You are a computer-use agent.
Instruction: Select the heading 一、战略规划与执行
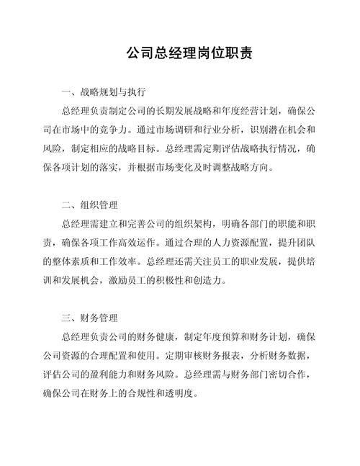[x=104, y=93]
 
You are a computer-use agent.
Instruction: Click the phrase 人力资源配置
[x=238, y=243]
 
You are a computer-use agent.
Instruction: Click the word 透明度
[x=179, y=393]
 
